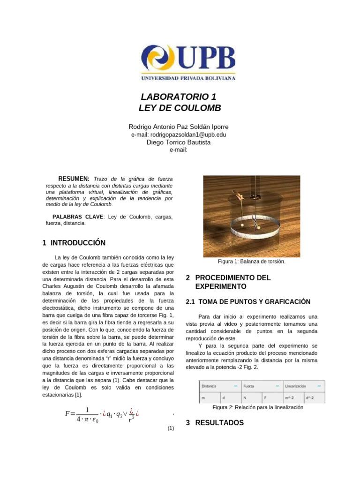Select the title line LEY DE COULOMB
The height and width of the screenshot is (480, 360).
coord(180,109)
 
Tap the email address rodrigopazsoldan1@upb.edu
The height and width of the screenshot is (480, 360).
coord(179,135)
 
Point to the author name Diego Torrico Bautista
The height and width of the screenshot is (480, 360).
coord(179,142)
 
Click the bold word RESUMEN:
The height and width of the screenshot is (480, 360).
coord(74,179)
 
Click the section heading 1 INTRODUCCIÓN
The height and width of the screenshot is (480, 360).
coord(74,243)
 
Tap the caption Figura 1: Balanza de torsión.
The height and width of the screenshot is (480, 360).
coord(252,262)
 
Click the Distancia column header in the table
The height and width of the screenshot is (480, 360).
coord(209,386)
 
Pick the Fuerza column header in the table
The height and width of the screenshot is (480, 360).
coord(249,386)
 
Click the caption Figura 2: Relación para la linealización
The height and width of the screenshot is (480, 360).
coord(258,408)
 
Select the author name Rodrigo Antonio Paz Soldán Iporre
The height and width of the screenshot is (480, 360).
coord(179,127)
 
